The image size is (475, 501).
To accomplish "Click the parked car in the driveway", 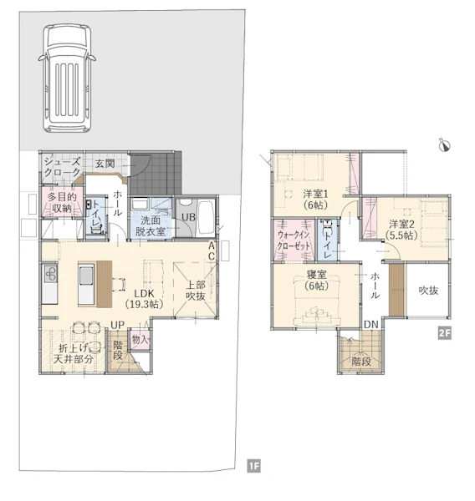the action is [67, 78].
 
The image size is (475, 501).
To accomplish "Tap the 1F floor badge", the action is [254, 466].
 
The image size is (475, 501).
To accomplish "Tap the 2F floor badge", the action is [445, 333].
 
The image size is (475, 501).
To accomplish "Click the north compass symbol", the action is [445, 145].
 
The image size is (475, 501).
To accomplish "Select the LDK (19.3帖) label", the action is [145, 299].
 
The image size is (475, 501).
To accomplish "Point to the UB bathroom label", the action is [188, 217].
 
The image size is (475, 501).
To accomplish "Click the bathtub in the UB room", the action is [206, 218].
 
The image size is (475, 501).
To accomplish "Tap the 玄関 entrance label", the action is [105, 164].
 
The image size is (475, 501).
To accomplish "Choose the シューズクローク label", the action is [62, 167].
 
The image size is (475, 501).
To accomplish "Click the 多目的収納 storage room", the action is [62, 203].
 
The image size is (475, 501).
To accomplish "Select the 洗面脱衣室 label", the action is [151, 226].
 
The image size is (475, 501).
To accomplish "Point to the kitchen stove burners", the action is [50, 274].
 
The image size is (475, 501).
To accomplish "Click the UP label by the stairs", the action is [117, 325].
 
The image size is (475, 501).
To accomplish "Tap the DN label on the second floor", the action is [371, 325].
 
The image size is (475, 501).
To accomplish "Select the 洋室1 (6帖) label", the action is [315, 200].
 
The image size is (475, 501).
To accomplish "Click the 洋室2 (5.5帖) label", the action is [401, 230].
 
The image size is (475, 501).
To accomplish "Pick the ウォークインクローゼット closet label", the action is [294, 240].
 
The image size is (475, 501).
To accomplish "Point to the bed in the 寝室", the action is [316, 301].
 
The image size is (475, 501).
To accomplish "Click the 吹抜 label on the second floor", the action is [429, 291].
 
